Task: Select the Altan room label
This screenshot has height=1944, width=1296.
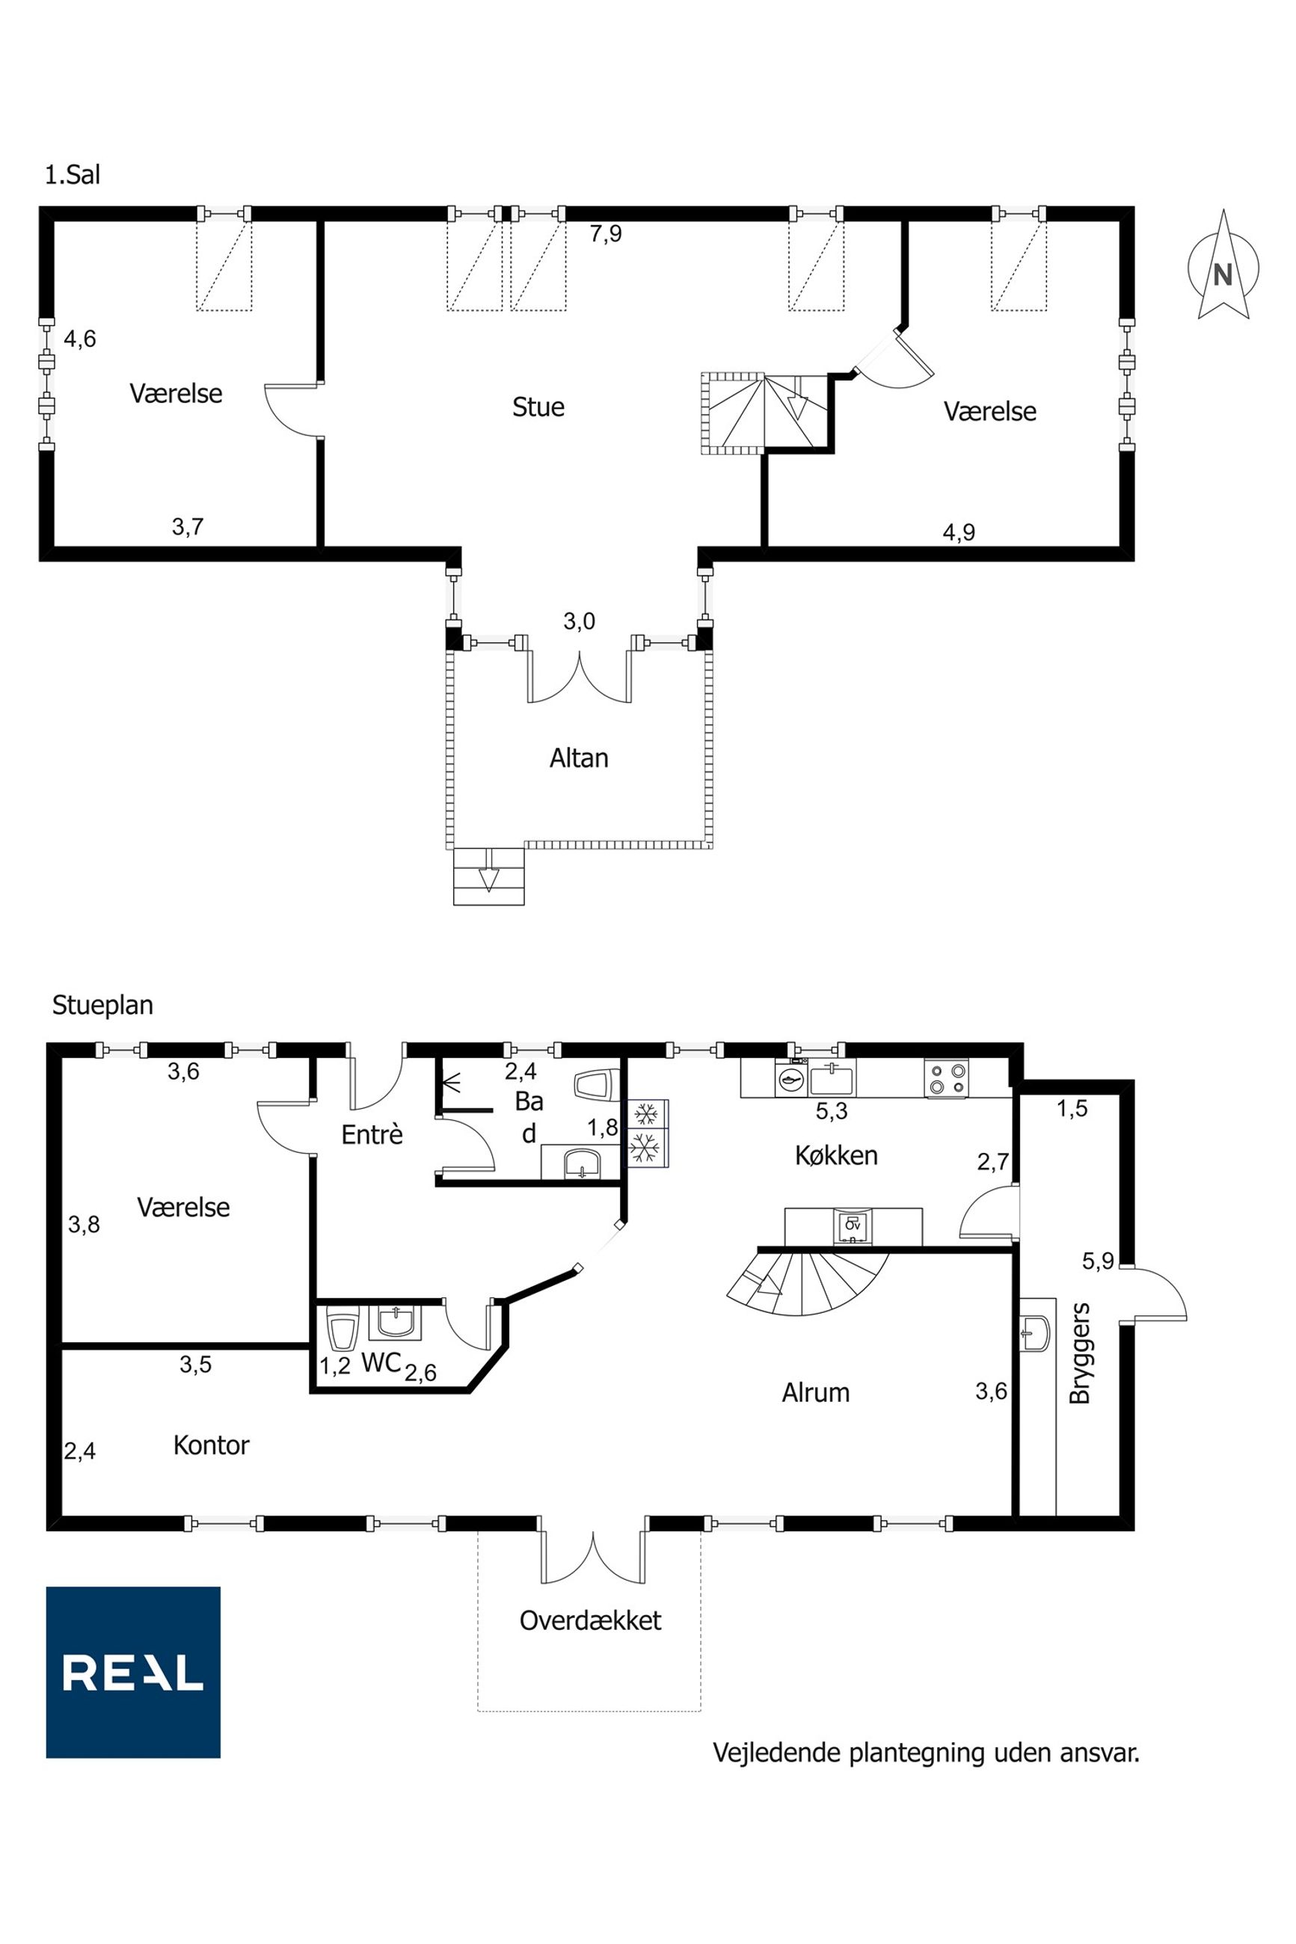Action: click(579, 757)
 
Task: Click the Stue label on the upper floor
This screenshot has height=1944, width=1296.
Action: click(538, 407)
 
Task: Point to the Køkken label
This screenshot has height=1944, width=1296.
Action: click(835, 1154)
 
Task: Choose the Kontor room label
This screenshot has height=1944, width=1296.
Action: click(211, 1445)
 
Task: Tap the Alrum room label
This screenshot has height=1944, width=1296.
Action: click(815, 1392)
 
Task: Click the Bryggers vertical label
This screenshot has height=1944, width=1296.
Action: click(1079, 1353)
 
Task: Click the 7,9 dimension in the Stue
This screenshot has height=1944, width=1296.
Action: click(605, 234)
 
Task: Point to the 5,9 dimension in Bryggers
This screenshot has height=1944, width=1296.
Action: click(1098, 1261)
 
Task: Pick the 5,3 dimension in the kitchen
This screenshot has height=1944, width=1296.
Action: click(832, 1111)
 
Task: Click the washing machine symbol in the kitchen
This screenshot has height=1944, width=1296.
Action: click(792, 1077)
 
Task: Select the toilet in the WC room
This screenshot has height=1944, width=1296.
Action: click(341, 1328)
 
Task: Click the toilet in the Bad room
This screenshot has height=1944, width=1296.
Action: click(595, 1085)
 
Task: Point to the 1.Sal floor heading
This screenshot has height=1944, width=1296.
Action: click(73, 175)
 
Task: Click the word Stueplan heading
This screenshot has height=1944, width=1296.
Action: click(102, 1005)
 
